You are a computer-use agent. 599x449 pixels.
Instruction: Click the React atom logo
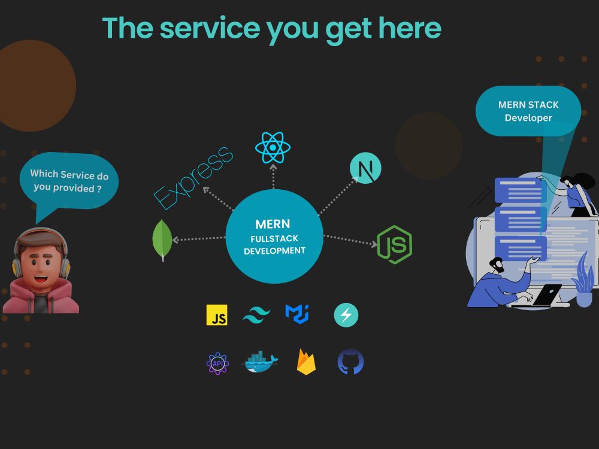pyautogui.click(x=273, y=147)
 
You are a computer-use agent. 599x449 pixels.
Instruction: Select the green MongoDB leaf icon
pyautogui.click(x=162, y=240)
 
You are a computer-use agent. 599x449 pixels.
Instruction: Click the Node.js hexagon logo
pyautogui.click(x=395, y=244)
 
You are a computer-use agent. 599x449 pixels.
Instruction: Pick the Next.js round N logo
pyautogui.click(x=365, y=168)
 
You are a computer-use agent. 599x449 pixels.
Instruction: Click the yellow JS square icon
pyautogui.click(x=217, y=315)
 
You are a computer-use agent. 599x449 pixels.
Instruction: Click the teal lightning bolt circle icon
pyautogui.click(x=346, y=315)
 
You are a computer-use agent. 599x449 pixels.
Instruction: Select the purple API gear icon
pyautogui.click(x=217, y=363)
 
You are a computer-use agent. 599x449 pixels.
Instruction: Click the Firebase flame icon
pyautogui.click(x=306, y=362)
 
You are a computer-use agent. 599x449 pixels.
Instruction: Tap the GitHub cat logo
pyautogui.click(x=350, y=362)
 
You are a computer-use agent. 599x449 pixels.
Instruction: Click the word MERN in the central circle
pyautogui.click(x=273, y=224)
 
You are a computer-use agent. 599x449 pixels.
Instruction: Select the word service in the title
pyautogui.click(x=210, y=28)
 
